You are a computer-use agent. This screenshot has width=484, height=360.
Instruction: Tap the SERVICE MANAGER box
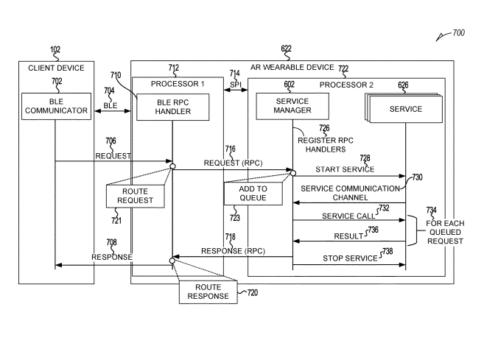click(292, 105)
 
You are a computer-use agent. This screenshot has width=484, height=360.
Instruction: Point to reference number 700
click(457, 34)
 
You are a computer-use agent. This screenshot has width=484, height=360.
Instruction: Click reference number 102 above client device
click(55, 51)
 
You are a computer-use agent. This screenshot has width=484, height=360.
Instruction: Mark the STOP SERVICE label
click(348, 258)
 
